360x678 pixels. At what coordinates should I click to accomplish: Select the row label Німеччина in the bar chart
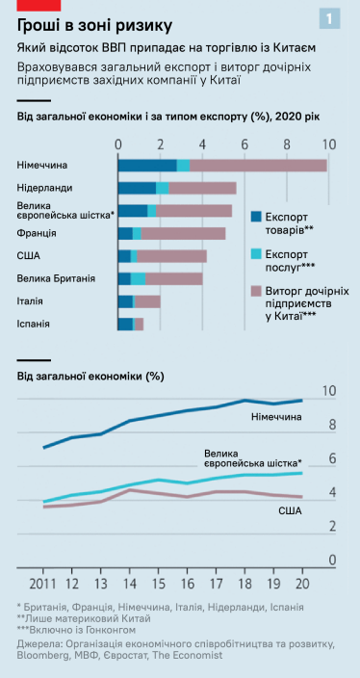click(42, 166)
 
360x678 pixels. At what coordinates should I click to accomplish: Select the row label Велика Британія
click(56, 278)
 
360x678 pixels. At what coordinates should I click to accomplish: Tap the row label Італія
click(31, 301)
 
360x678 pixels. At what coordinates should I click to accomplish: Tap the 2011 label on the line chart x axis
click(42, 584)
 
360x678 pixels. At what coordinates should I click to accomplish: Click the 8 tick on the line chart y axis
click(331, 425)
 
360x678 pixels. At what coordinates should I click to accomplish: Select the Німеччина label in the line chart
click(275, 416)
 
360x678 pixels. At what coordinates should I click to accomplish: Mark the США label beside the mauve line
click(289, 508)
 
